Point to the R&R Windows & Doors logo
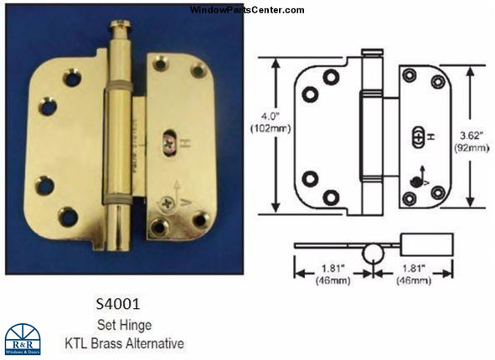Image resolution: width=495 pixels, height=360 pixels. (x=23, y=339)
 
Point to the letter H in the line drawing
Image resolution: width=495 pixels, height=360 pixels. (x=430, y=136)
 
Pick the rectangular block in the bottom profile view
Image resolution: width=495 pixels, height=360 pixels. (x=428, y=244)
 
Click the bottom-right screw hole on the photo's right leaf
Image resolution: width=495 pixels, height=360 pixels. (x=199, y=219)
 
